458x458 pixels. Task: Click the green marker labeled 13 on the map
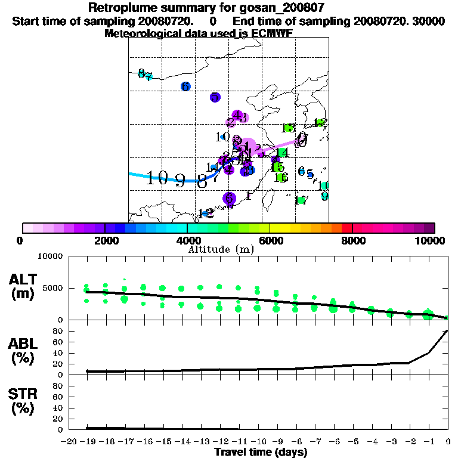(289, 128)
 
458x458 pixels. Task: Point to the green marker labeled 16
(281, 177)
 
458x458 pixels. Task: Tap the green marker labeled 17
(302, 200)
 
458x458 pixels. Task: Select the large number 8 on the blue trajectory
(203, 181)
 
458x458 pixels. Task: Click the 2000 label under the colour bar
(104, 240)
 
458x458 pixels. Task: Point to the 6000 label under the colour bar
(270, 240)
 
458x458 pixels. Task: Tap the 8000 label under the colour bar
(352, 240)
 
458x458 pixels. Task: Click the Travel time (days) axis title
(261, 452)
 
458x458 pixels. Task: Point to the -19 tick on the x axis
(87, 441)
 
